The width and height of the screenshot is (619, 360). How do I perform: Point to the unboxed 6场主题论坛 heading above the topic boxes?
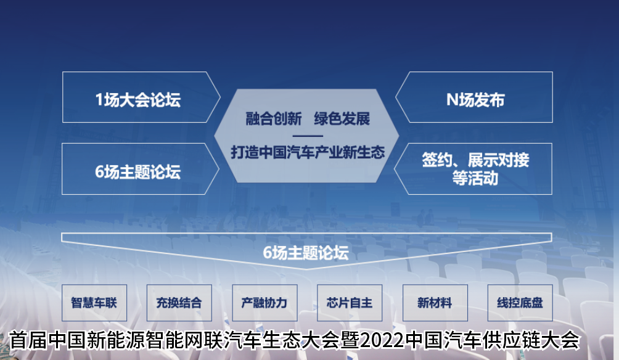(x=306, y=253)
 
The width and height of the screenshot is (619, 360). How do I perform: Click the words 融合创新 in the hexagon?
(x=274, y=118)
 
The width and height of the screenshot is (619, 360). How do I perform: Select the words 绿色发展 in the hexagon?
(x=342, y=118)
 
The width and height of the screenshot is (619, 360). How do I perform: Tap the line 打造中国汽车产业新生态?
(x=308, y=152)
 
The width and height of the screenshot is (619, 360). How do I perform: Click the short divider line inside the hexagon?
(x=308, y=136)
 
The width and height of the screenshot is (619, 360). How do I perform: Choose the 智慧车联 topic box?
(x=94, y=303)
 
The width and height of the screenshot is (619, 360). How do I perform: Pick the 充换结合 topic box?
(x=179, y=303)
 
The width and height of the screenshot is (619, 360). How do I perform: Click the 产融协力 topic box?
(x=264, y=303)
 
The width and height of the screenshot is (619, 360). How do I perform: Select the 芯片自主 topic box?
(x=350, y=303)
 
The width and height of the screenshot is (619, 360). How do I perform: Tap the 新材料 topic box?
(x=435, y=303)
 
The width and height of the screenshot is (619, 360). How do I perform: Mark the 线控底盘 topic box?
(x=520, y=303)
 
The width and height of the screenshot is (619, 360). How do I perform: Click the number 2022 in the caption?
(x=382, y=340)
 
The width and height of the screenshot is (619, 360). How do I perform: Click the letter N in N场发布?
(x=452, y=100)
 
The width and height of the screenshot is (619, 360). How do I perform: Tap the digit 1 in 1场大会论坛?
(x=99, y=100)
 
